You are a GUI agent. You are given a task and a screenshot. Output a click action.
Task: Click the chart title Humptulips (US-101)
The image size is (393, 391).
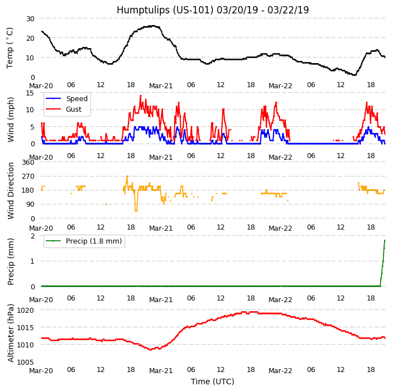pyautogui.click(x=213, y=10)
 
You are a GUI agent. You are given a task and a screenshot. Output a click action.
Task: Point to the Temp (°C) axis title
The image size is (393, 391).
pyautogui.click(x=10, y=47)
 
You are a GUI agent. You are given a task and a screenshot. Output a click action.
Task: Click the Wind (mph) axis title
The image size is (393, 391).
pyautogui.click(x=11, y=119)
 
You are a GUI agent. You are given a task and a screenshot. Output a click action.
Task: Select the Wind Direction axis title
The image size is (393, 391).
pyautogui.click(x=11, y=190)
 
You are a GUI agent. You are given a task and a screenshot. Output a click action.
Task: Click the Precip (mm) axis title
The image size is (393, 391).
pyautogui.click(x=11, y=261)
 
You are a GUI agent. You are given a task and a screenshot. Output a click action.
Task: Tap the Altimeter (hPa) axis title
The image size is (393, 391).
pyautogui.click(x=11, y=332)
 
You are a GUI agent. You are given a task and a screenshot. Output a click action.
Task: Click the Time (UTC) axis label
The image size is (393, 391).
pyautogui.click(x=213, y=382)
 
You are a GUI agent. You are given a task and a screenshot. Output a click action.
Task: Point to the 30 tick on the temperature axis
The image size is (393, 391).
pyautogui.click(x=30, y=18)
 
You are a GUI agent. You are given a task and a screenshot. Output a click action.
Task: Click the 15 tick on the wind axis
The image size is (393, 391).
pyautogui.click(x=30, y=93)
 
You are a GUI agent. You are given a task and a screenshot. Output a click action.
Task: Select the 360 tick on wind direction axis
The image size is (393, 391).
pyautogui.click(x=27, y=163)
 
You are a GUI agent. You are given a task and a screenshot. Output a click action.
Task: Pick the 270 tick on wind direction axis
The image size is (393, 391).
pyautogui.click(x=27, y=177)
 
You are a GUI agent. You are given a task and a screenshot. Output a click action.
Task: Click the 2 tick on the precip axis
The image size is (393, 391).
pyautogui.click(x=32, y=236)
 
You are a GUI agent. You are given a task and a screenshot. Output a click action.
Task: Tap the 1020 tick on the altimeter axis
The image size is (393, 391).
pyautogui.click(x=25, y=310)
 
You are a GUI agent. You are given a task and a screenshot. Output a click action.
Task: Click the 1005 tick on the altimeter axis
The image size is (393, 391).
pyautogui.click(x=25, y=363)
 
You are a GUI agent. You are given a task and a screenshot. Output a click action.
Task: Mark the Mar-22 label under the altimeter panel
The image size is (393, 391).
pyautogui.click(x=280, y=371)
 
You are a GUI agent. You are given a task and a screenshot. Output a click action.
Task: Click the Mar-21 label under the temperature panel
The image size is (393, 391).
pyautogui.click(x=161, y=86)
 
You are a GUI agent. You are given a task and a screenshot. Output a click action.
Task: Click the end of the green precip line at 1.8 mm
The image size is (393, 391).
pyautogui.click(x=385, y=240)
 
